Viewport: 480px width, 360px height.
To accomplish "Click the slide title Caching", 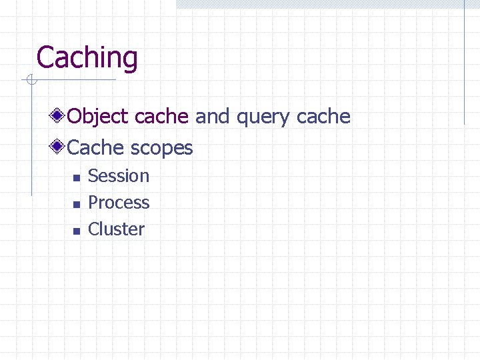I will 87,58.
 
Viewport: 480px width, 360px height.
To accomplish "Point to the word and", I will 212,117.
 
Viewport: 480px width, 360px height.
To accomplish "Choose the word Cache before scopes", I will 97,147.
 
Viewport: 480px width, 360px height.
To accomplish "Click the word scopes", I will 162,149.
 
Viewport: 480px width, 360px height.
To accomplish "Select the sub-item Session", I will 119,176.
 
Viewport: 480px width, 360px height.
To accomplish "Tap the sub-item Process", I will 119,203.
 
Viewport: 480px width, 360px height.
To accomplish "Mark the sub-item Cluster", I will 116,229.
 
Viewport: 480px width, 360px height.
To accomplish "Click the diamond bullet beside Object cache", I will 59,116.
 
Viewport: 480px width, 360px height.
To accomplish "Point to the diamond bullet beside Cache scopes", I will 59,147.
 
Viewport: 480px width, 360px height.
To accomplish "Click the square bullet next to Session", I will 76,178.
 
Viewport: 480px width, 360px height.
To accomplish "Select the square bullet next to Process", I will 76,205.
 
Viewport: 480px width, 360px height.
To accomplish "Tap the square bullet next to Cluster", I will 76,231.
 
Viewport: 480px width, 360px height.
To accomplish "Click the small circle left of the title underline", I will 29,81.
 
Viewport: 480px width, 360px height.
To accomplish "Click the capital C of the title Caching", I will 45,57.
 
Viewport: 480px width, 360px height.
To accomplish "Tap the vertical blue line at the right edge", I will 464,63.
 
